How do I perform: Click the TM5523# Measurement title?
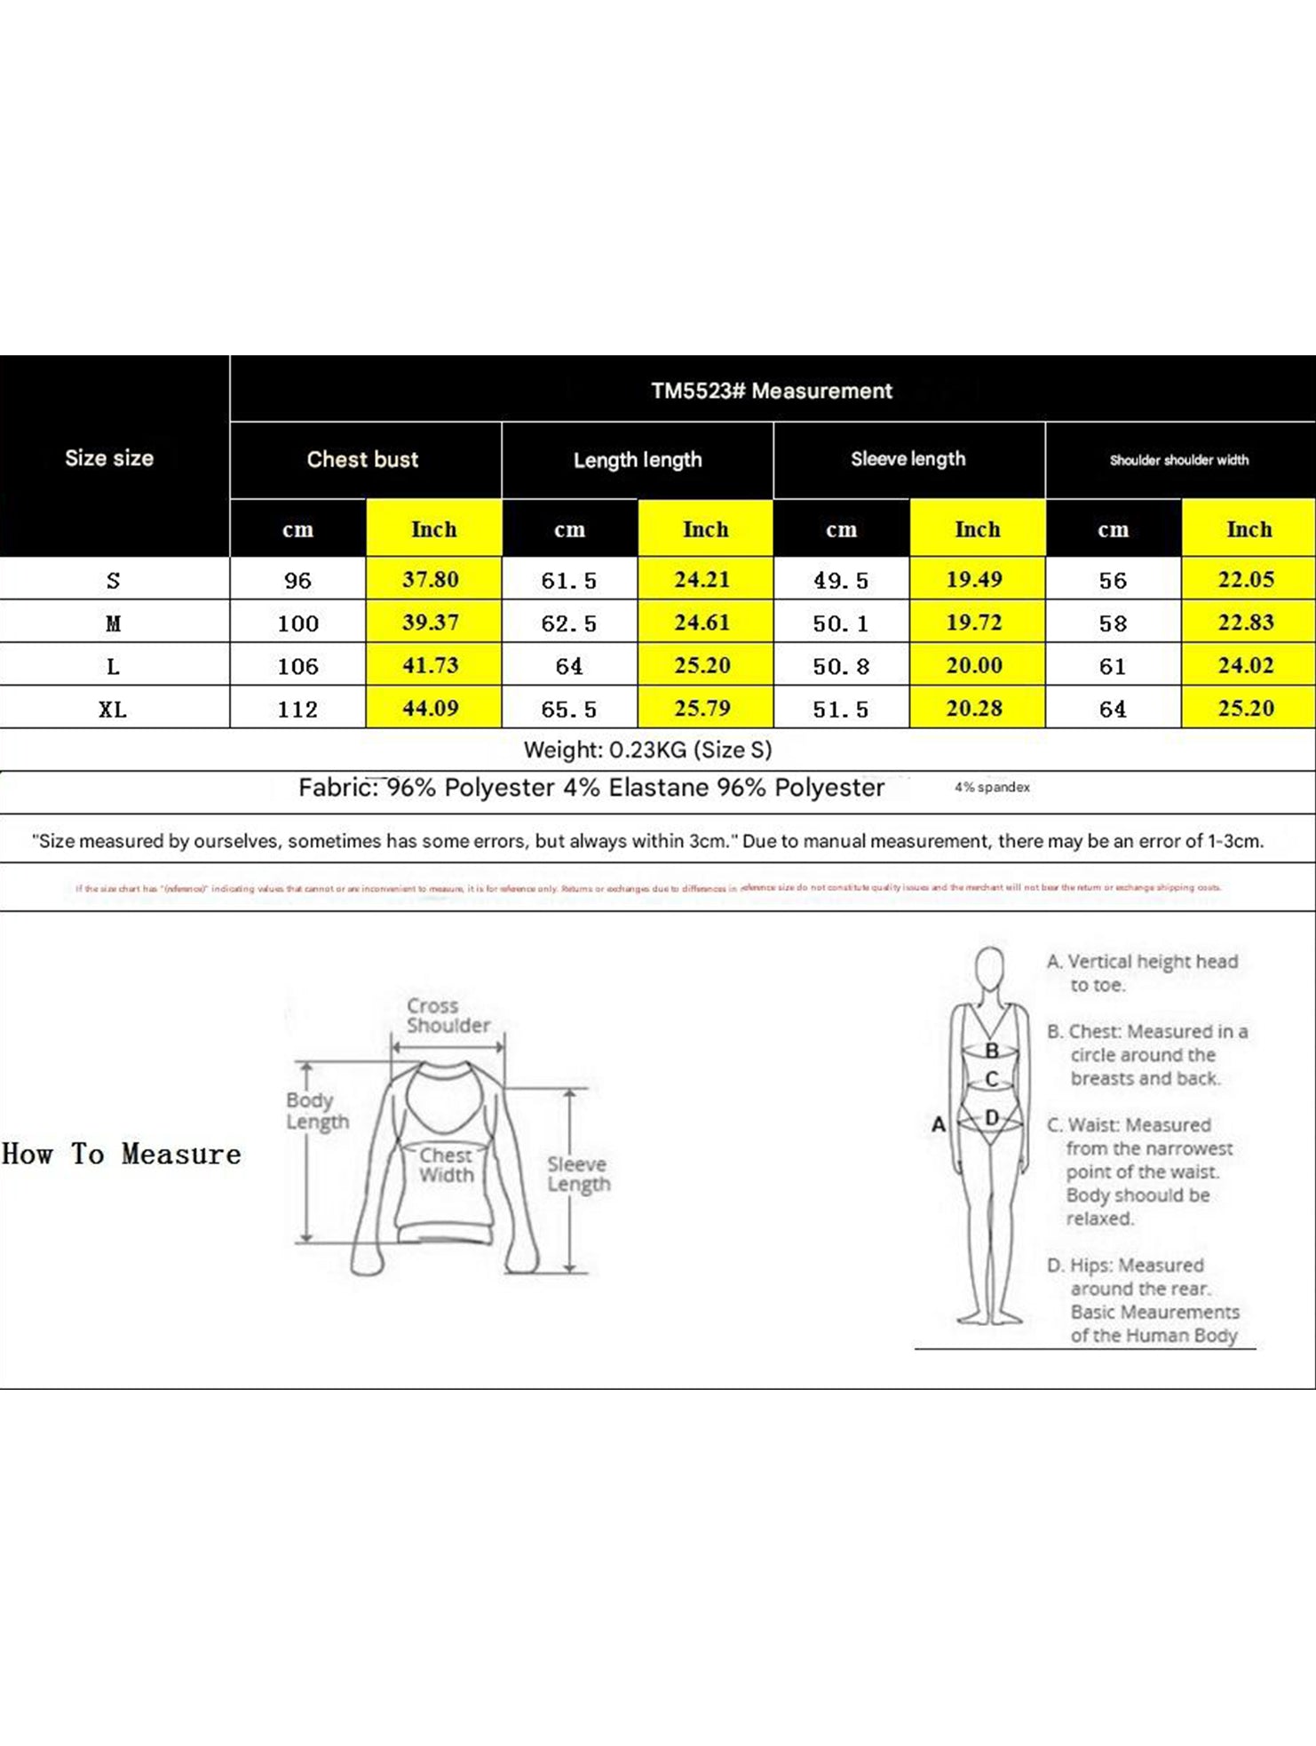coord(771,391)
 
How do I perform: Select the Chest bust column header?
coord(362,459)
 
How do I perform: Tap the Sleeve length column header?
coord(908,459)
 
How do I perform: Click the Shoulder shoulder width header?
coord(1178,460)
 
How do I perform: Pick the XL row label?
coord(113,709)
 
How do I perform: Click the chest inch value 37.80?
coord(431,580)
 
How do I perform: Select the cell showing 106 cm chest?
coord(297,666)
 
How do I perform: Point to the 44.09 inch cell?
coord(431,709)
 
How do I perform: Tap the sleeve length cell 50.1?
coord(840,623)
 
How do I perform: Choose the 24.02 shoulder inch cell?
coord(1246,665)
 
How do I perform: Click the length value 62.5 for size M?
coord(568,623)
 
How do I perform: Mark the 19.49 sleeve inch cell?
coord(974,580)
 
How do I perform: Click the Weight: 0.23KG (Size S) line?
coord(647,750)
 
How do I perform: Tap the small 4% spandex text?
coord(992,788)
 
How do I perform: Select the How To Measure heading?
coord(122,1154)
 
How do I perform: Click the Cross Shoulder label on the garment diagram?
coord(447,1015)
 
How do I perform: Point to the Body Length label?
coord(316,1110)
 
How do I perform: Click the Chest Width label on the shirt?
coord(446,1164)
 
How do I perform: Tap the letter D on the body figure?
coord(992,1117)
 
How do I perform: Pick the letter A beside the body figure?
coord(938,1124)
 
